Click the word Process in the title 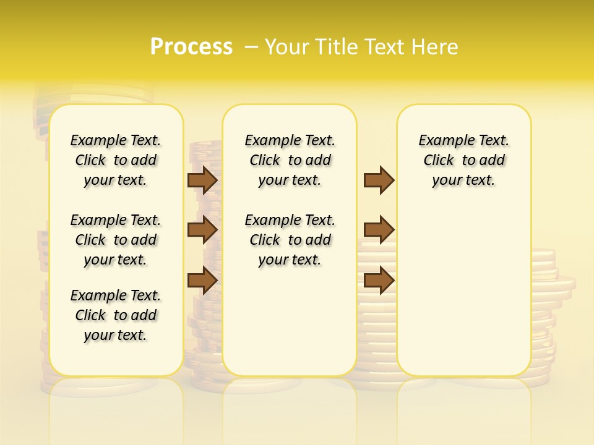pos(191,47)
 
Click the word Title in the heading pos(333,47)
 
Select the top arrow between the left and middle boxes pos(202,180)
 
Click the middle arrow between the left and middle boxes pos(202,230)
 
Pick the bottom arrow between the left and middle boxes pos(202,280)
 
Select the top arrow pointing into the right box pos(379,180)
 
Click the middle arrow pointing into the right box pos(379,230)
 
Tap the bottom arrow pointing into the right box pos(379,280)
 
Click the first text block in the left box pos(116,160)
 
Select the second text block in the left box pos(116,240)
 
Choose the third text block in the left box pos(116,315)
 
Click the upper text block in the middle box pos(290,160)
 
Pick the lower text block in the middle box pos(290,240)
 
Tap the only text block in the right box pos(464,160)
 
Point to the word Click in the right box pos(439,161)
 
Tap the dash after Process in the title pos(251,47)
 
